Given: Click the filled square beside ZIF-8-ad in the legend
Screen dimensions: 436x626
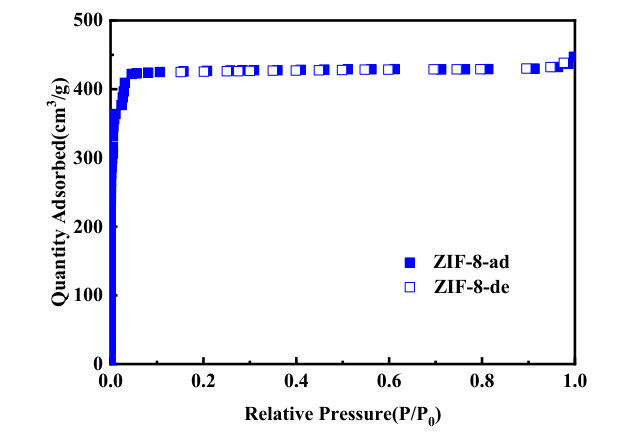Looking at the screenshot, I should coord(408,263).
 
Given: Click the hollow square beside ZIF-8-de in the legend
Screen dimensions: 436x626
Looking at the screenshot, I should coord(408,288).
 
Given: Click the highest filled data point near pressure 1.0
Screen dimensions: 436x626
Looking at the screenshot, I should coord(573,57).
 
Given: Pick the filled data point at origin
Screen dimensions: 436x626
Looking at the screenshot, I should coord(112,361).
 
